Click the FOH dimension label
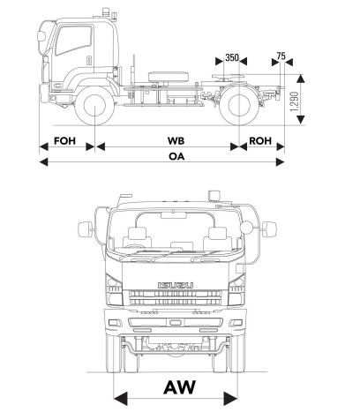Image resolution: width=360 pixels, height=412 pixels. pyautogui.click(x=64, y=141)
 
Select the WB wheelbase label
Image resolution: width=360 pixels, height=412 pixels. pyautogui.click(x=176, y=141)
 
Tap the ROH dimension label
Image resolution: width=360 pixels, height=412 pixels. pyautogui.click(x=260, y=141)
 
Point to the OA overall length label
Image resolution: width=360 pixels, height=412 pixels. pyautogui.click(x=176, y=156)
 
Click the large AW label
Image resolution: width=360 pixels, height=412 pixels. pyautogui.click(x=180, y=387)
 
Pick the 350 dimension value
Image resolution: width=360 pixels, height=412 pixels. pyautogui.click(x=232, y=57)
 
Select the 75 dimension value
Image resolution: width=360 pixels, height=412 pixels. pyautogui.click(x=281, y=56)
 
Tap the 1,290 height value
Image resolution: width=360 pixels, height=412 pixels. pyautogui.click(x=294, y=101)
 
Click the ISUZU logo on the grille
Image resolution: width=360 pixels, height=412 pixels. pyautogui.click(x=176, y=285)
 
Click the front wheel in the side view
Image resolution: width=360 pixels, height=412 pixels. pyautogui.click(x=94, y=106)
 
